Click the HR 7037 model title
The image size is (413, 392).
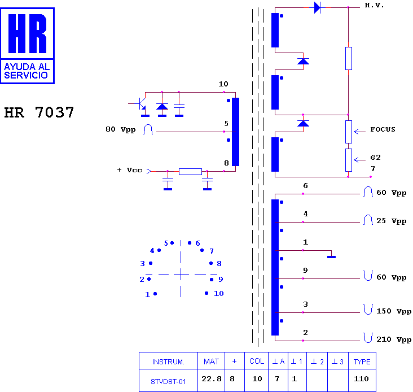click(x=39, y=112)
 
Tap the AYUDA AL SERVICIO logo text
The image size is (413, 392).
click(x=27, y=71)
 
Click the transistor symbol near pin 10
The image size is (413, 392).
click(x=141, y=104)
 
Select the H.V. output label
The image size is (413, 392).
click(x=374, y=5)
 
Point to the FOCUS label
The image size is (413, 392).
click(x=383, y=129)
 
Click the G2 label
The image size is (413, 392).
click(x=375, y=158)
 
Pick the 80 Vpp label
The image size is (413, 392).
click(x=121, y=130)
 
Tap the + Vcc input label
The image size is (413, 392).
click(x=130, y=170)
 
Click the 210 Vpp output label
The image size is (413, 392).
click(x=393, y=339)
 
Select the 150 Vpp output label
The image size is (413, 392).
click(x=393, y=311)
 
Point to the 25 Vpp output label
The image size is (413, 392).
click(x=391, y=221)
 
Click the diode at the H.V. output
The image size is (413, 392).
click(x=318, y=7)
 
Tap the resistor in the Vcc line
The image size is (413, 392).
click(x=191, y=172)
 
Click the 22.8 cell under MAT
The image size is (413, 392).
click(x=212, y=379)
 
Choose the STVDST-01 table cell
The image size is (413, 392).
click(x=168, y=381)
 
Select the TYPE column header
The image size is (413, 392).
click(x=362, y=361)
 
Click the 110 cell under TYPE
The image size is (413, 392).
click(x=361, y=379)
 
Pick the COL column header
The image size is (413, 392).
click(x=257, y=361)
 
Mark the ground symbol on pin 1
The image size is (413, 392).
click(x=331, y=257)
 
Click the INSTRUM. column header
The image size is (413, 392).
click(x=168, y=361)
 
